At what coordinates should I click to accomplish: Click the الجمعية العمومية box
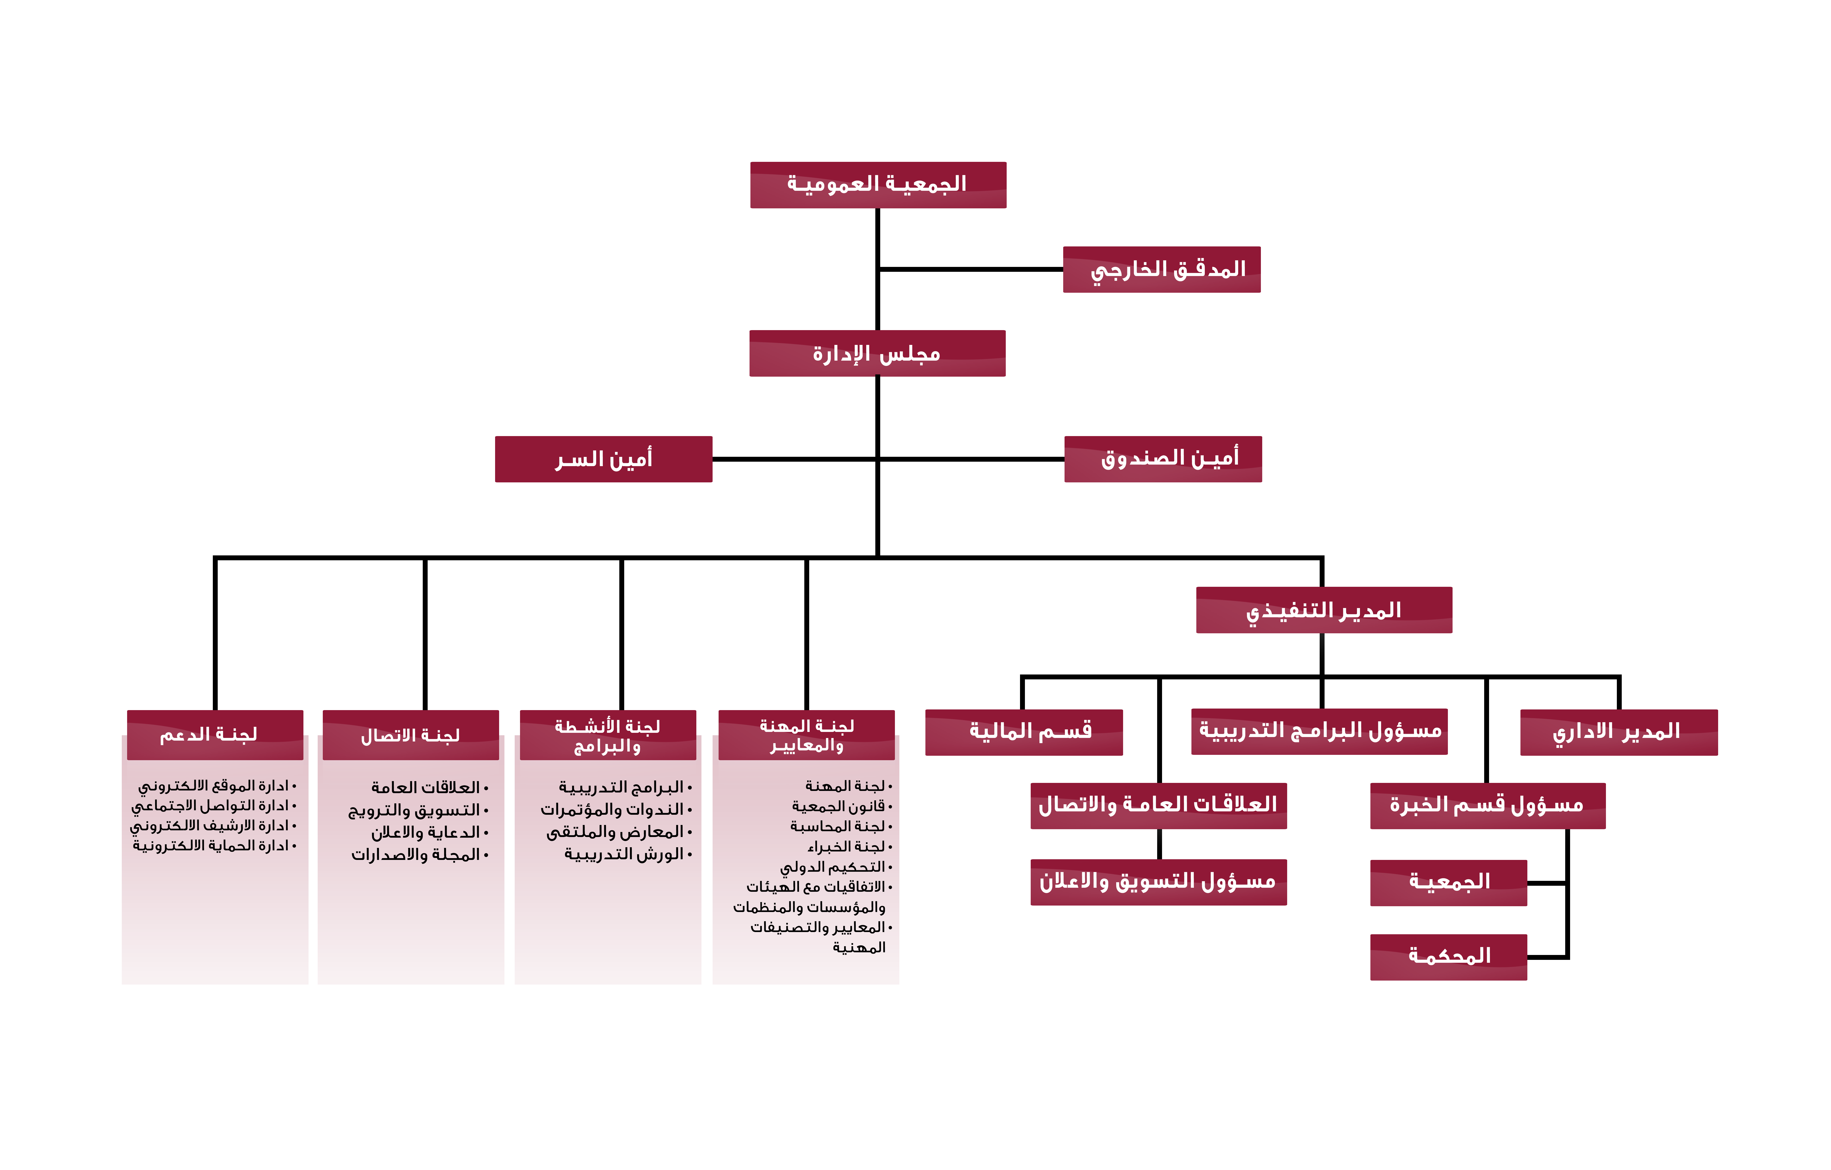coord(878,185)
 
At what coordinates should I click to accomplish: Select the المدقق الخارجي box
coord(1162,269)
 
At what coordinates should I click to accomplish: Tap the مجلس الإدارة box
coord(878,353)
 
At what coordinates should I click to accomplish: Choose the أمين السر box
coord(604,459)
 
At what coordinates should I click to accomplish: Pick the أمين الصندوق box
coord(1163,459)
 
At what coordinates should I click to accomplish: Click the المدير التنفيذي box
coord(1324,610)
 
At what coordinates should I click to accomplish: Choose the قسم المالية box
coord(1024,732)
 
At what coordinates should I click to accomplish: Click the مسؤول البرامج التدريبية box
coord(1319,731)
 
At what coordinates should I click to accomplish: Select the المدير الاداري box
coord(1619,732)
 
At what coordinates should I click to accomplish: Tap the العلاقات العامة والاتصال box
coord(1159,806)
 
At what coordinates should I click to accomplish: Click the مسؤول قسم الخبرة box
coord(1488,806)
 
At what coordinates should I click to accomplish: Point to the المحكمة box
coord(1449,957)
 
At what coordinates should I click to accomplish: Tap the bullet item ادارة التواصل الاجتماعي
coord(214,806)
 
